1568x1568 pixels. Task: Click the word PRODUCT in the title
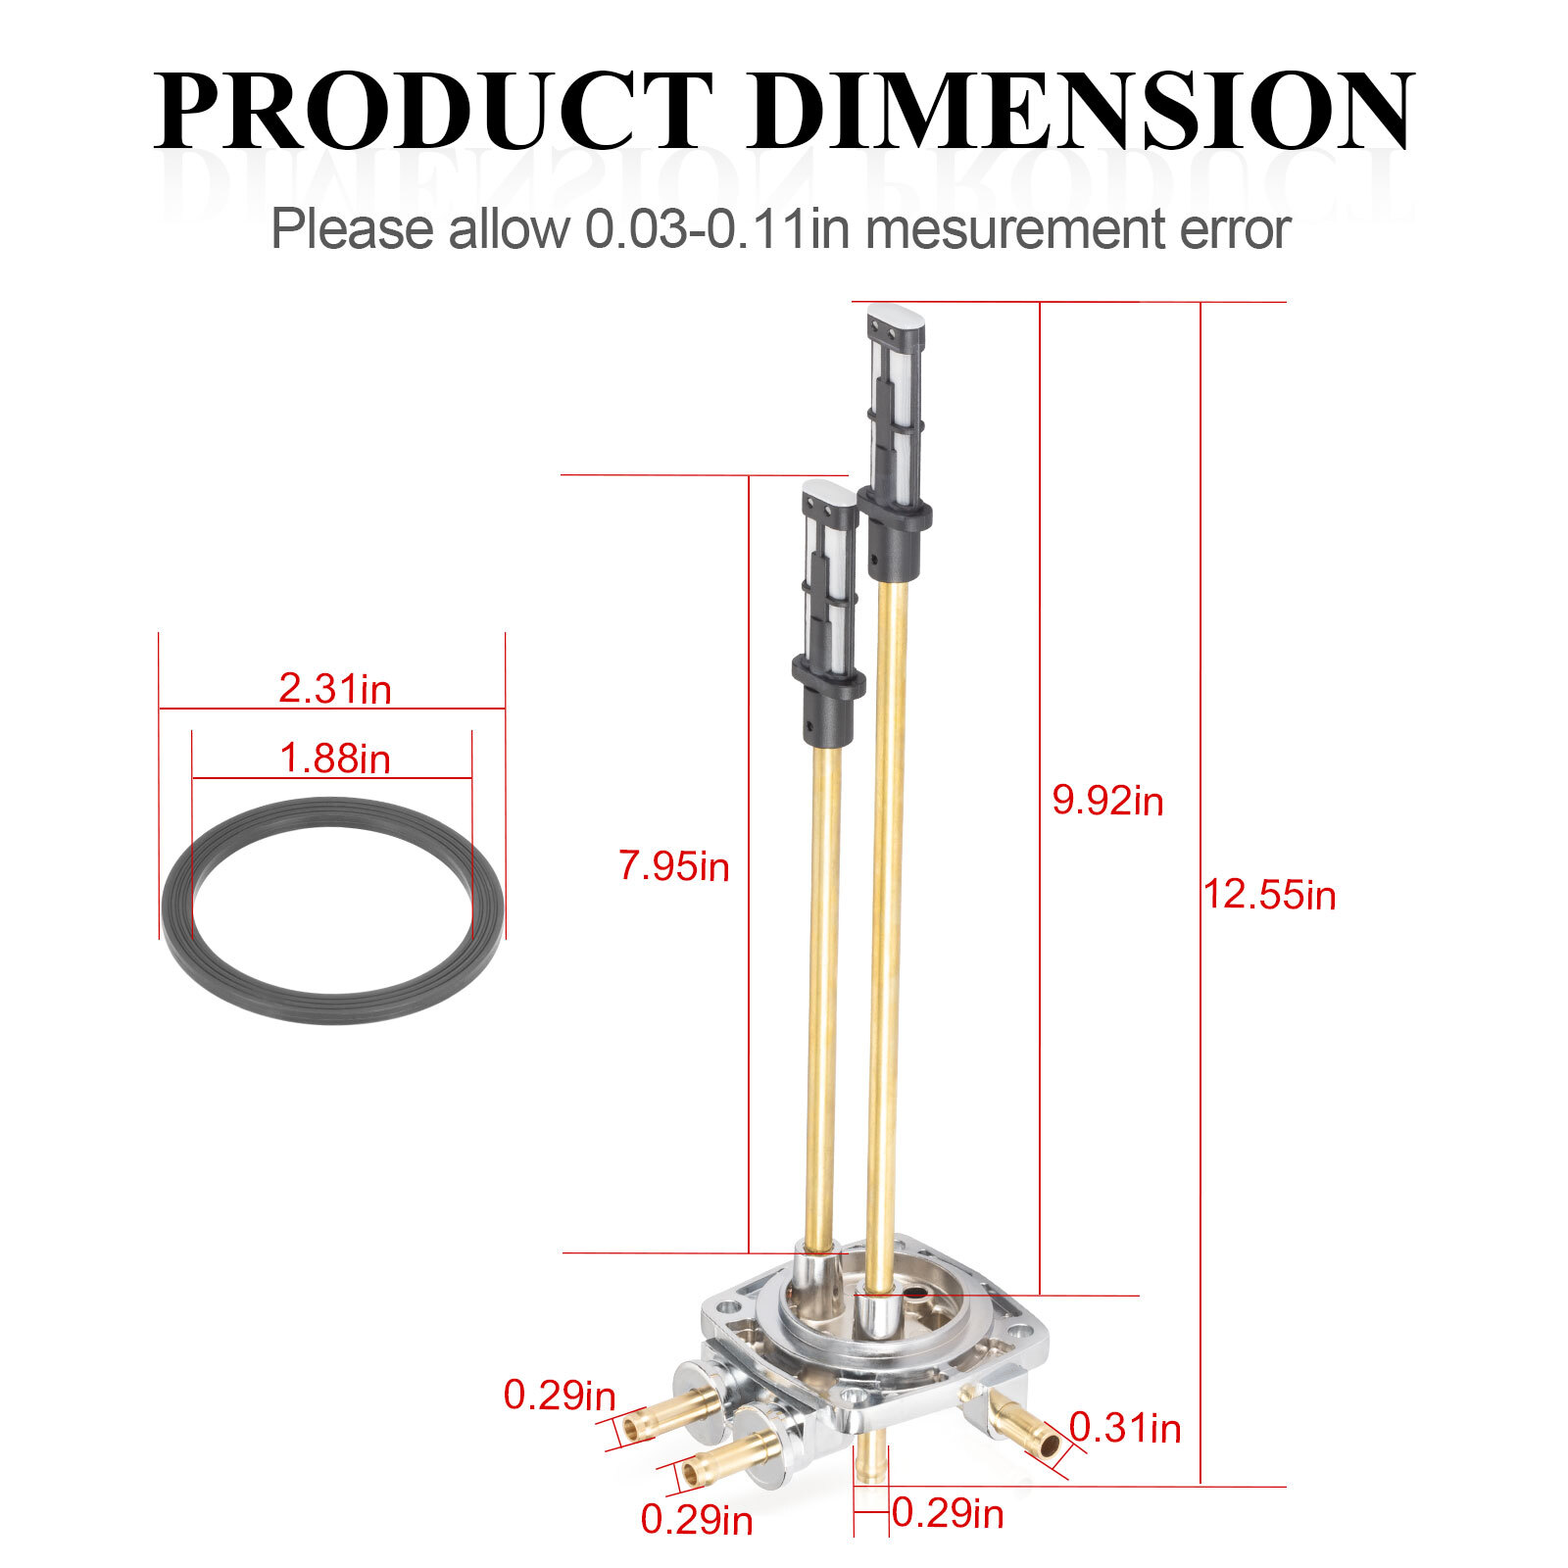433,110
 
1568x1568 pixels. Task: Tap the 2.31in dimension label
335,688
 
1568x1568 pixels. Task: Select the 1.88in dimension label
335,759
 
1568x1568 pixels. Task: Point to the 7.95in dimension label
674,866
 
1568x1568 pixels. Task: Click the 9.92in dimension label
1107,801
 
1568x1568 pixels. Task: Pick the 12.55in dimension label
1269,895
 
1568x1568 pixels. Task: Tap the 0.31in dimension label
1125,1428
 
